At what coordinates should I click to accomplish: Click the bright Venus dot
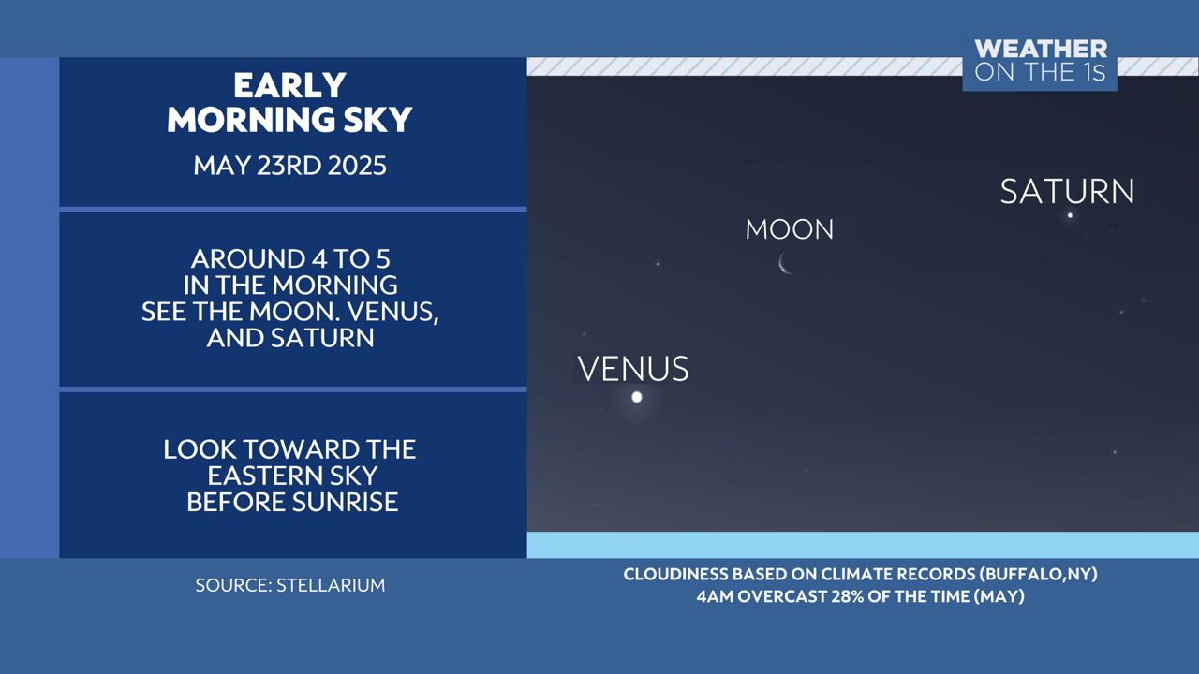click(637, 398)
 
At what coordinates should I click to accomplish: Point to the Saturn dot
click(1070, 215)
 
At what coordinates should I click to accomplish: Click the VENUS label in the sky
click(633, 369)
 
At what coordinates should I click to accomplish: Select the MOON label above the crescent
click(790, 229)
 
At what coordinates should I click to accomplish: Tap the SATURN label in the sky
click(1067, 192)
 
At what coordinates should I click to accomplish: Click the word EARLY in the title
click(289, 85)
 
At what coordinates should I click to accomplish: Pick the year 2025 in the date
click(357, 166)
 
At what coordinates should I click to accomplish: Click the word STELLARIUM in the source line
click(331, 585)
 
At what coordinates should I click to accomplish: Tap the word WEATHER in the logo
click(1041, 50)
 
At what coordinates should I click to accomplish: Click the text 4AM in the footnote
click(715, 596)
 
